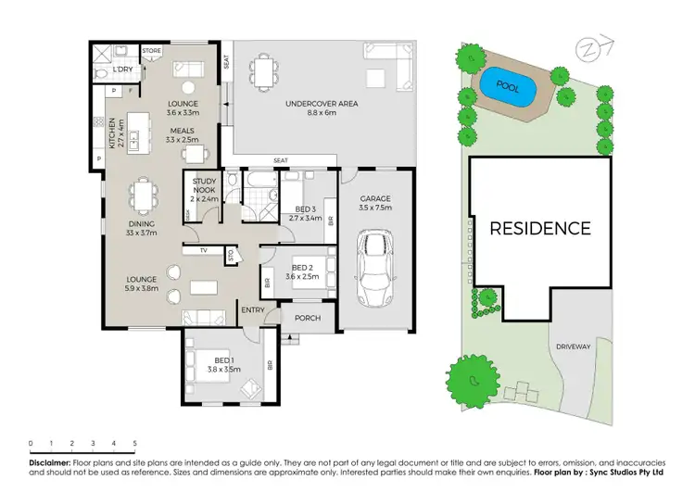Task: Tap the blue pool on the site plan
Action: pyautogui.click(x=508, y=85)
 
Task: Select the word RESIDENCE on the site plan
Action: pyautogui.click(x=539, y=228)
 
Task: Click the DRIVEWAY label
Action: pyautogui.click(x=574, y=347)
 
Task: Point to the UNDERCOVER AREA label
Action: pyautogui.click(x=321, y=104)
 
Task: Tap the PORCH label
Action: pyautogui.click(x=308, y=318)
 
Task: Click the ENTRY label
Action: pyautogui.click(x=253, y=309)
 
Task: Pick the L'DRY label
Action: pyautogui.click(x=121, y=70)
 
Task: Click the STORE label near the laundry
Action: pyautogui.click(x=152, y=51)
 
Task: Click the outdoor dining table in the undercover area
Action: pyautogui.click(x=265, y=70)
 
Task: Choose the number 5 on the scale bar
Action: pyautogui.click(x=135, y=444)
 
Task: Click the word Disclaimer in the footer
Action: pyautogui.click(x=50, y=460)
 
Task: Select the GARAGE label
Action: pyautogui.click(x=375, y=198)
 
